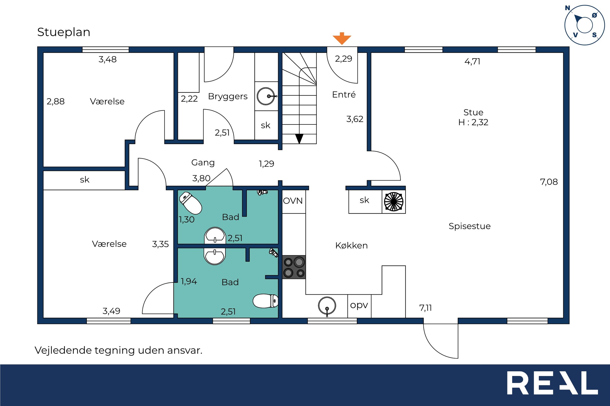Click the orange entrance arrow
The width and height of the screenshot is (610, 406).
(342, 39)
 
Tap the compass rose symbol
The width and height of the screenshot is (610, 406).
(585, 25)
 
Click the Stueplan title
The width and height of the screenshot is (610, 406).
(64, 32)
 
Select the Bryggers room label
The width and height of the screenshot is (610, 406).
(228, 97)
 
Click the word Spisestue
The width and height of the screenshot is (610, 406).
(469, 226)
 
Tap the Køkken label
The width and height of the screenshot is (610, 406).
(351, 246)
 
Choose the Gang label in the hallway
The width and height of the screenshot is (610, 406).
(203, 163)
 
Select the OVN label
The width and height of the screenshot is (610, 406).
(293, 201)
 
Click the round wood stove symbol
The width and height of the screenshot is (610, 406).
(393, 201)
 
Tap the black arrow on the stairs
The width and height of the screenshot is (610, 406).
(299, 139)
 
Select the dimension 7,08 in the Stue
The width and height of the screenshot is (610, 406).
(549, 182)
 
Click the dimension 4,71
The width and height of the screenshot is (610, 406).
(472, 62)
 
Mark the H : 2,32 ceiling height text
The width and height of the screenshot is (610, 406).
(473, 122)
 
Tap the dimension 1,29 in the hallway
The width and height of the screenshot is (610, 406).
(267, 164)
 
